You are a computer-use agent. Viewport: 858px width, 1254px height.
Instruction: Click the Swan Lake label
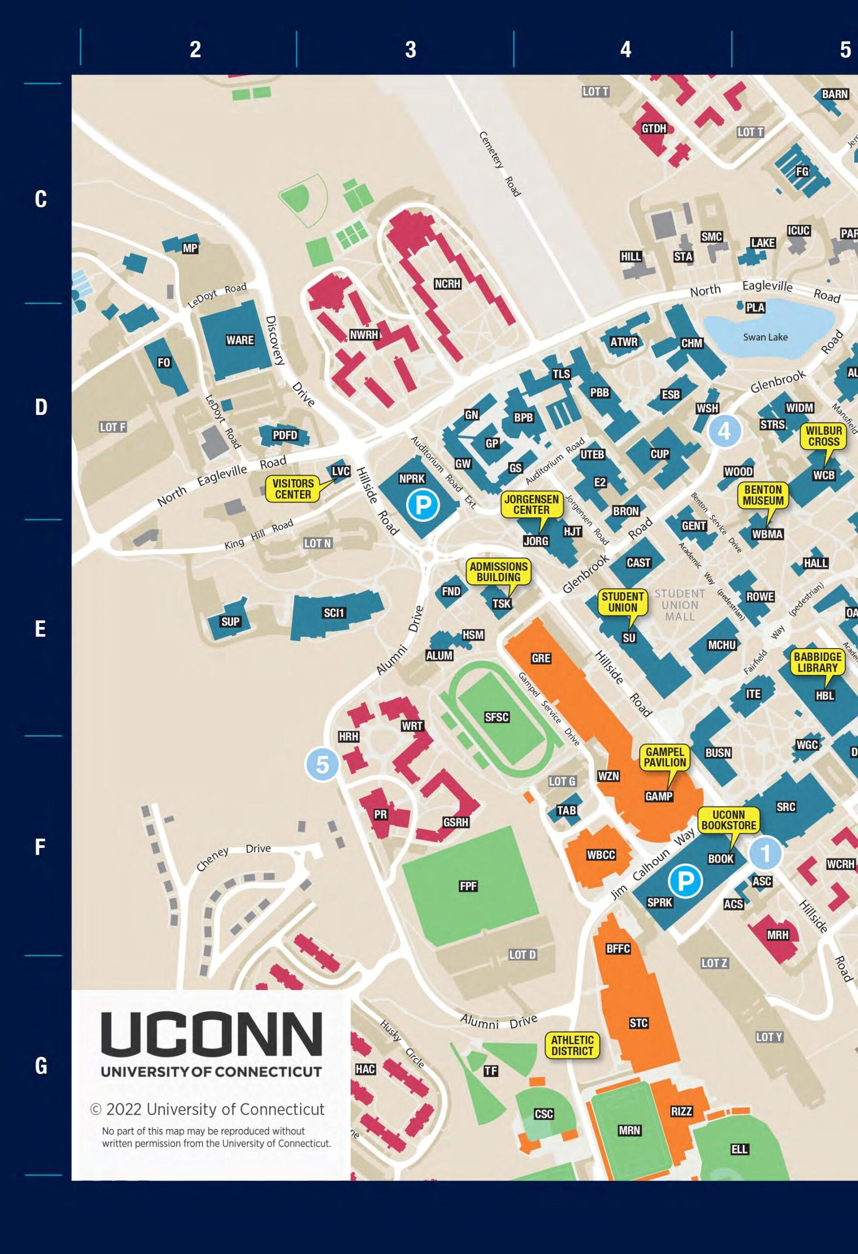pos(765,337)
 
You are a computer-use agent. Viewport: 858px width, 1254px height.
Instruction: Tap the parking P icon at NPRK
pos(423,505)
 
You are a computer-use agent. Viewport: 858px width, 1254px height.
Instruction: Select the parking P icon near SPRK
pos(685,882)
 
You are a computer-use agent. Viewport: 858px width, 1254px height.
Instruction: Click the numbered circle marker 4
pos(724,431)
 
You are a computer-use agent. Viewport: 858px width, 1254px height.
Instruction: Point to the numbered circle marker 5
pos(322,765)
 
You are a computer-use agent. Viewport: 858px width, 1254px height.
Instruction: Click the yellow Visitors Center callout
pos(293,489)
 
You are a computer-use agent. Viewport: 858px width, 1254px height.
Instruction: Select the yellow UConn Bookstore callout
pos(729,820)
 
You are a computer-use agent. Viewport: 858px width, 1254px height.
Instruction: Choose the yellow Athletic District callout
pos(572,1045)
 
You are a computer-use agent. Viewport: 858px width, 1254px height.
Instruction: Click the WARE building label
pos(239,340)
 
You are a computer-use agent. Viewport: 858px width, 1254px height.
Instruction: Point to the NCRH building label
pos(447,284)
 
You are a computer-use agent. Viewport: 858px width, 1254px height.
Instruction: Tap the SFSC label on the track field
pos(497,717)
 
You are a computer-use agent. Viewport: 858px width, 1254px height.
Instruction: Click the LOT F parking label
pos(113,427)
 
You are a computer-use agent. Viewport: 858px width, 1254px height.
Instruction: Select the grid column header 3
pos(411,49)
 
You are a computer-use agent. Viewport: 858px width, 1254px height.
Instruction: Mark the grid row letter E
pos(41,629)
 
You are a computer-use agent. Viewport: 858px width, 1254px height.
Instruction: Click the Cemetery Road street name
pos(500,164)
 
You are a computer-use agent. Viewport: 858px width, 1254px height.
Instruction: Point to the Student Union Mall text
pos(679,605)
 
